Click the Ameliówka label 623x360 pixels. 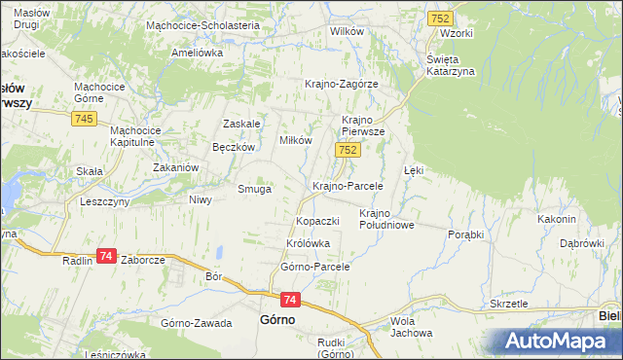coord(198,54)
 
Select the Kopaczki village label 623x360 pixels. coord(317,221)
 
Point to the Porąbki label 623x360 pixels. coord(472,235)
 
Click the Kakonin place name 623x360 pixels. coord(557,219)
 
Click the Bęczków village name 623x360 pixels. coord(234,147)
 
